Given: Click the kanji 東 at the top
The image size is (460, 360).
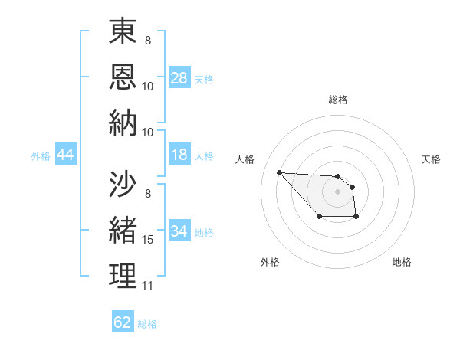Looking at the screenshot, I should coord(123,33).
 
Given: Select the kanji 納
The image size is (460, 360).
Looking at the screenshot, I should coord(123,124).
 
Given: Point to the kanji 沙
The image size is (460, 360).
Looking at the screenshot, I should coord(123,184).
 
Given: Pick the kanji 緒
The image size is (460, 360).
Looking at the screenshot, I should coord(123,229).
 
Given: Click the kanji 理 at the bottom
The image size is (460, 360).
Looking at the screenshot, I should coord(123,275).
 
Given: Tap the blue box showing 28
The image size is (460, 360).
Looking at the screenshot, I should coord(179,78).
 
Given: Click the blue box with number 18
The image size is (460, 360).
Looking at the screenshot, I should coord(179,155).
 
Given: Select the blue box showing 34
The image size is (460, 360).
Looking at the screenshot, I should coord(179,231).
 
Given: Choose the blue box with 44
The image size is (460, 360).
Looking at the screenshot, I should coord(66,155).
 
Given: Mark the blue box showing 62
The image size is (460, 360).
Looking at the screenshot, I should coord(123,322).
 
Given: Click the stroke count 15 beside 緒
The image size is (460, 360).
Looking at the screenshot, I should coord(148,240).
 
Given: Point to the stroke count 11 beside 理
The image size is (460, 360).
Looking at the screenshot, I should coord(148,286).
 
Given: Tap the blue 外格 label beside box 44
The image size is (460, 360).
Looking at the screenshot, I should coord(41,156).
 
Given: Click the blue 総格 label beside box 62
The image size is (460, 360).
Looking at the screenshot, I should coord(147,323).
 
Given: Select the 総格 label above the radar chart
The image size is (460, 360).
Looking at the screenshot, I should coord(337,100).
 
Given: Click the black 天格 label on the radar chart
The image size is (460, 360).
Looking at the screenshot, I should coord(431,159).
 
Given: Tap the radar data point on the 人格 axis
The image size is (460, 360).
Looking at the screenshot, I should coord(279,172).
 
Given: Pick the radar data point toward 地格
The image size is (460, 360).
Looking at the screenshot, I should coord(356,218).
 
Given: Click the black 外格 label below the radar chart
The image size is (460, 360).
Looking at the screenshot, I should coord(270,262).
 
